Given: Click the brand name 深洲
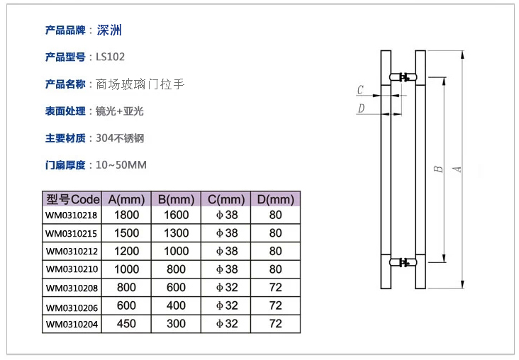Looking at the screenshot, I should coord(109,30).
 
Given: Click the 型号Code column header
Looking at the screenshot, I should coord(72,199).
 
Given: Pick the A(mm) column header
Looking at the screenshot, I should coord(127,199).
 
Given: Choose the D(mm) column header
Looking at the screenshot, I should coord(276,199).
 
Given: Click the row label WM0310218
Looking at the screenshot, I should coord(72,215).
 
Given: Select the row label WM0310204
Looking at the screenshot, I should coord(72,325).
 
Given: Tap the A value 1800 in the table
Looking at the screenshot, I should coord(127,215).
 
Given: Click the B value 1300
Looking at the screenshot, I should coord(176,233).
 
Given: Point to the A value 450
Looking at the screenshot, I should coord(127,325).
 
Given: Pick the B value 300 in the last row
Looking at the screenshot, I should coord(176,325).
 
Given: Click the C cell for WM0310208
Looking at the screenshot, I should coord(227,288).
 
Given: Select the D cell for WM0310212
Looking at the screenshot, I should coord(276,251).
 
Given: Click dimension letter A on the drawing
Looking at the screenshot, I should coord(458,169).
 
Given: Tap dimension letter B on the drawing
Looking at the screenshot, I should coord(439,169).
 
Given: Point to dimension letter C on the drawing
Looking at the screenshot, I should coord(360,91).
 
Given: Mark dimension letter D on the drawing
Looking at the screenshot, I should coord(360,108).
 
